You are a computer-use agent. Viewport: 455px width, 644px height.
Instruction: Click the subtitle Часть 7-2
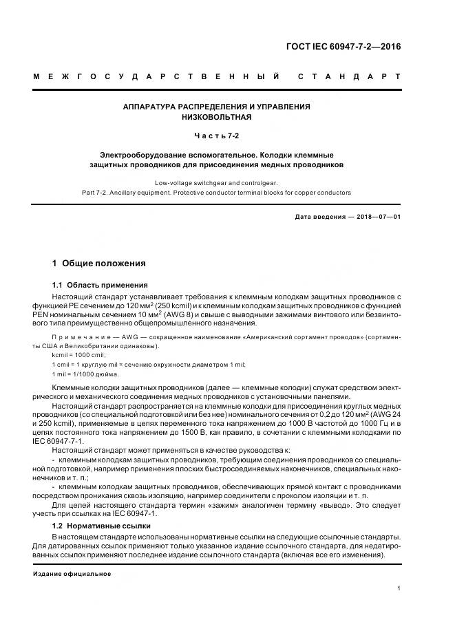(216, 136)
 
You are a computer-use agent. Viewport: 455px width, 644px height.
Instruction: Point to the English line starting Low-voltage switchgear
(216, 183)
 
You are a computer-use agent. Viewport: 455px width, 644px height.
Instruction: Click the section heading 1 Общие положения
(99, 264)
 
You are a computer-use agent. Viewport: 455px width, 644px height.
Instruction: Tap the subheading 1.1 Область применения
(99, 285)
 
